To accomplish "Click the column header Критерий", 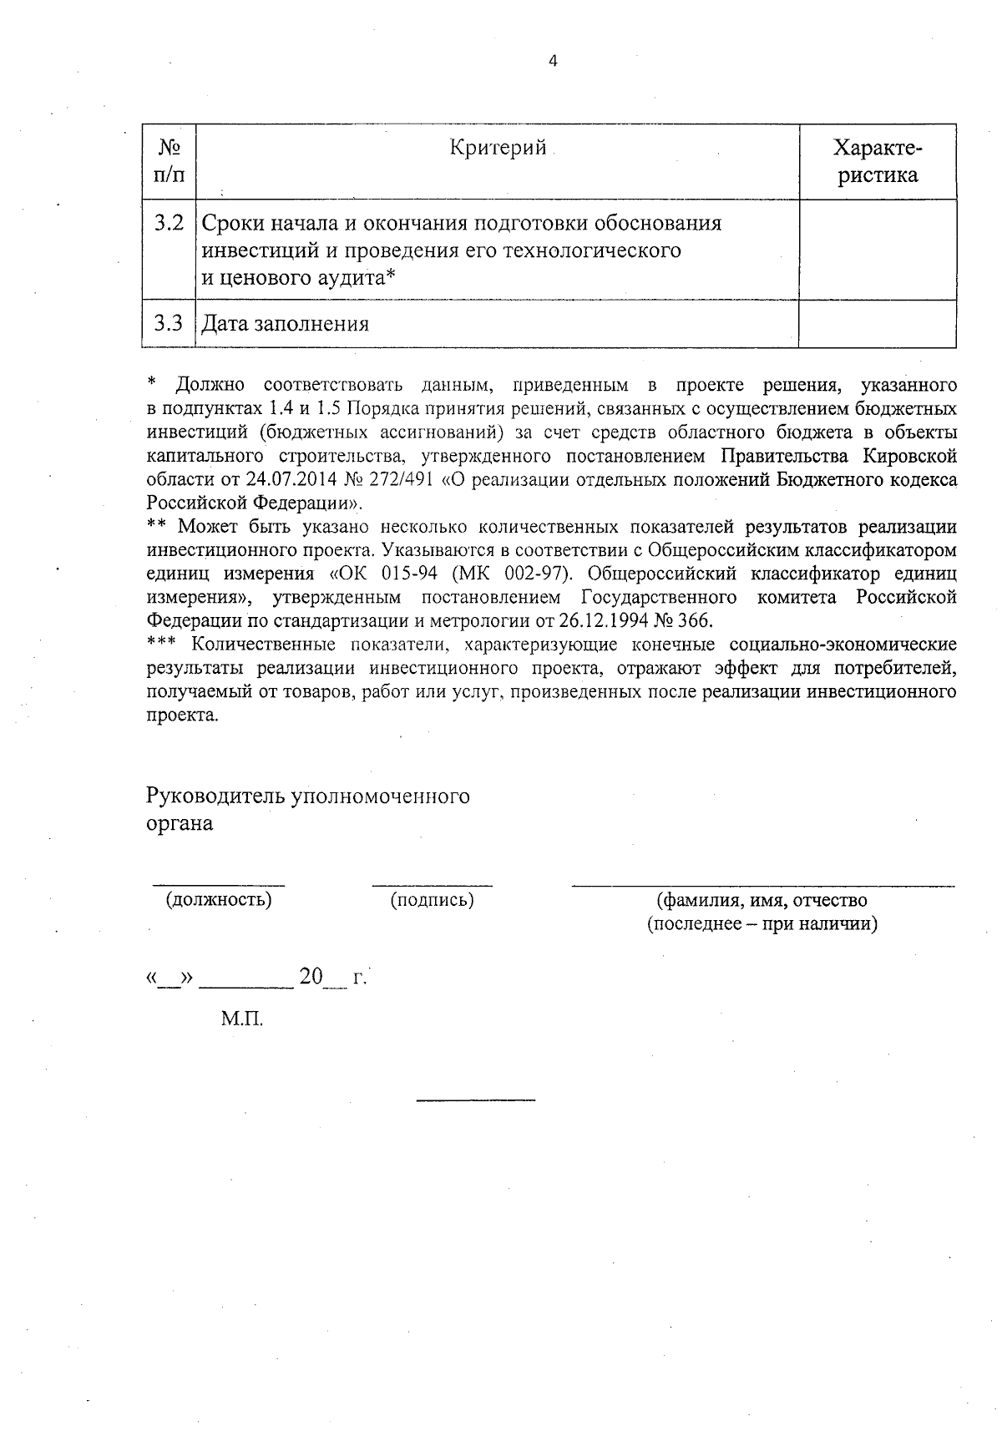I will click(x=498, y=148).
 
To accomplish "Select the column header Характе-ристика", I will click(x=878, y=162).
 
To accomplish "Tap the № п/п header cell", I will click(x=170, y=162).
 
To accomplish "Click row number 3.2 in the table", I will click(x=169, y=224).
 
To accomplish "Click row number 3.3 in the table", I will click(x=169, y=323).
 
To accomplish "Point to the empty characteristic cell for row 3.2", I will click(x=877, y=250).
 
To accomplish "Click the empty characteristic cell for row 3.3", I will click(x=877, y=324).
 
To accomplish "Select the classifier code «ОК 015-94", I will click(x=378, y=574).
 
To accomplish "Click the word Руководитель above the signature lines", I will click(x=215, y=796).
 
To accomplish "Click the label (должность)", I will click(x=220, y=900).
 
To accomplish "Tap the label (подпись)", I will click(x=432, y=900).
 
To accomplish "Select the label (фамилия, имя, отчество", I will click(x=762, y=900).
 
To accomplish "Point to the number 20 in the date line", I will click(x=311, y=977).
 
